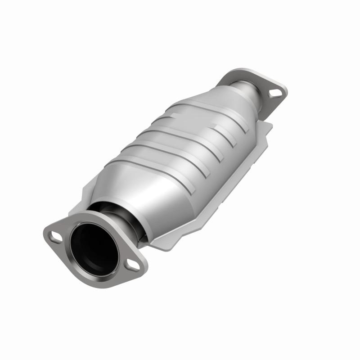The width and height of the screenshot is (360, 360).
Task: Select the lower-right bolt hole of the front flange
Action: point(132,266)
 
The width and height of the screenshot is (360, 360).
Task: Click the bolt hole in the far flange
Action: point(274,93)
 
